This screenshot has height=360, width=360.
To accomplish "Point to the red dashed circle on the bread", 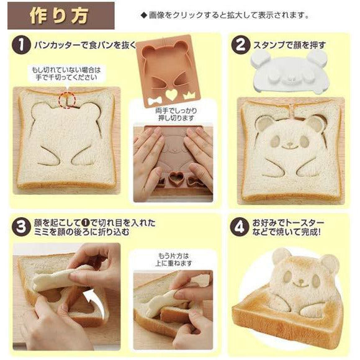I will point(66,99).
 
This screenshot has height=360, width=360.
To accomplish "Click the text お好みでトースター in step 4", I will point(289,223).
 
